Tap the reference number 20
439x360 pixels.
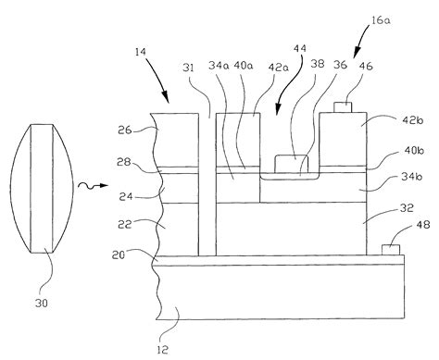(x=127, y=254)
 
